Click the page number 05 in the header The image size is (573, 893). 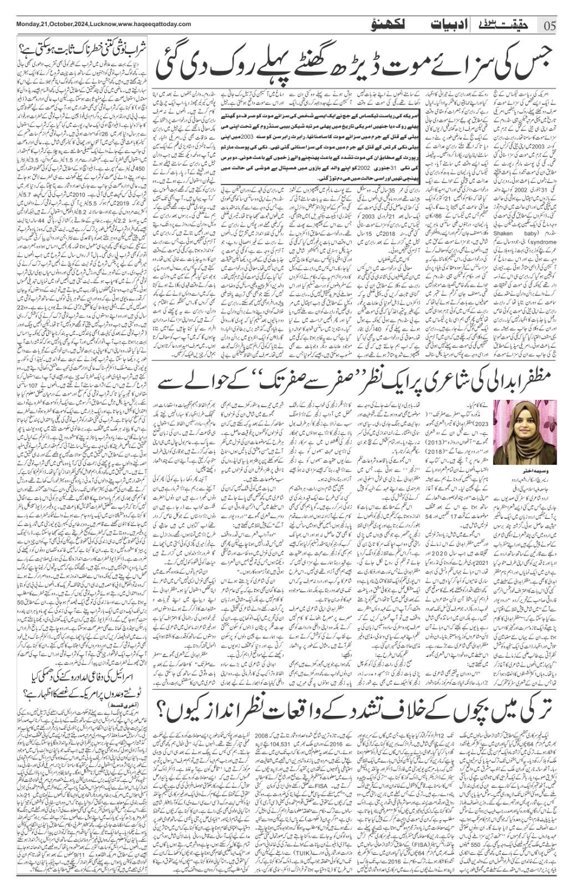click(x=550, y=25)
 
